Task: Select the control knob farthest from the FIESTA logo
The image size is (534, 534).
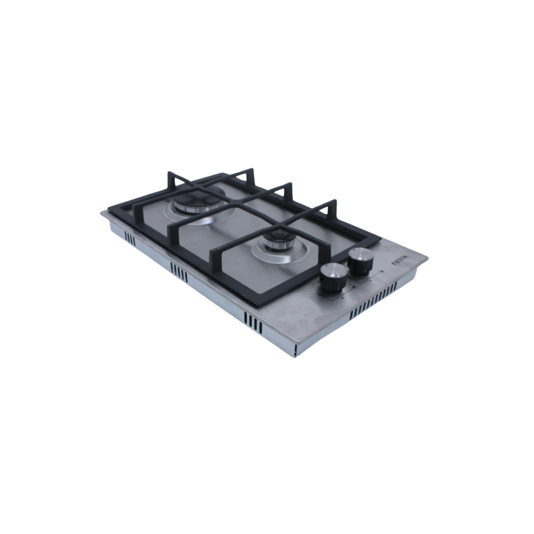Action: click(x=334, y=278)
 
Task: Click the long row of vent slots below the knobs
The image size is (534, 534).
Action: click(x=373, y=296)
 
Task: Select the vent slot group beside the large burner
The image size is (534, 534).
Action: click(x=130, y=239)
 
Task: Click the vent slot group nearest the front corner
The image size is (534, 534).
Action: click(x=253, y=323)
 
